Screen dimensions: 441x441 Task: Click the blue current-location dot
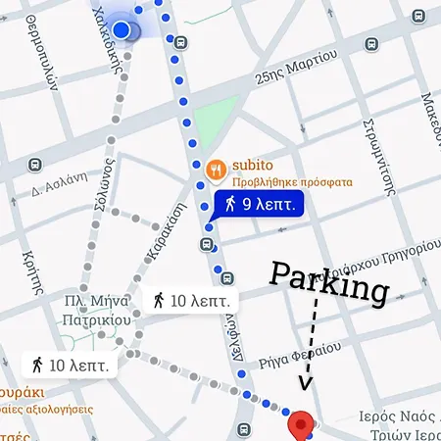click(122, 30)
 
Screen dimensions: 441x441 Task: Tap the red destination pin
click(302, 423)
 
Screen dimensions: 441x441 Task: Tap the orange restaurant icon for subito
click(218, 168)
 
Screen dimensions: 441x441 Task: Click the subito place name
click(251, 166)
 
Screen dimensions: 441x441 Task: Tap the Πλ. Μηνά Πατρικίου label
click(99, 310)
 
